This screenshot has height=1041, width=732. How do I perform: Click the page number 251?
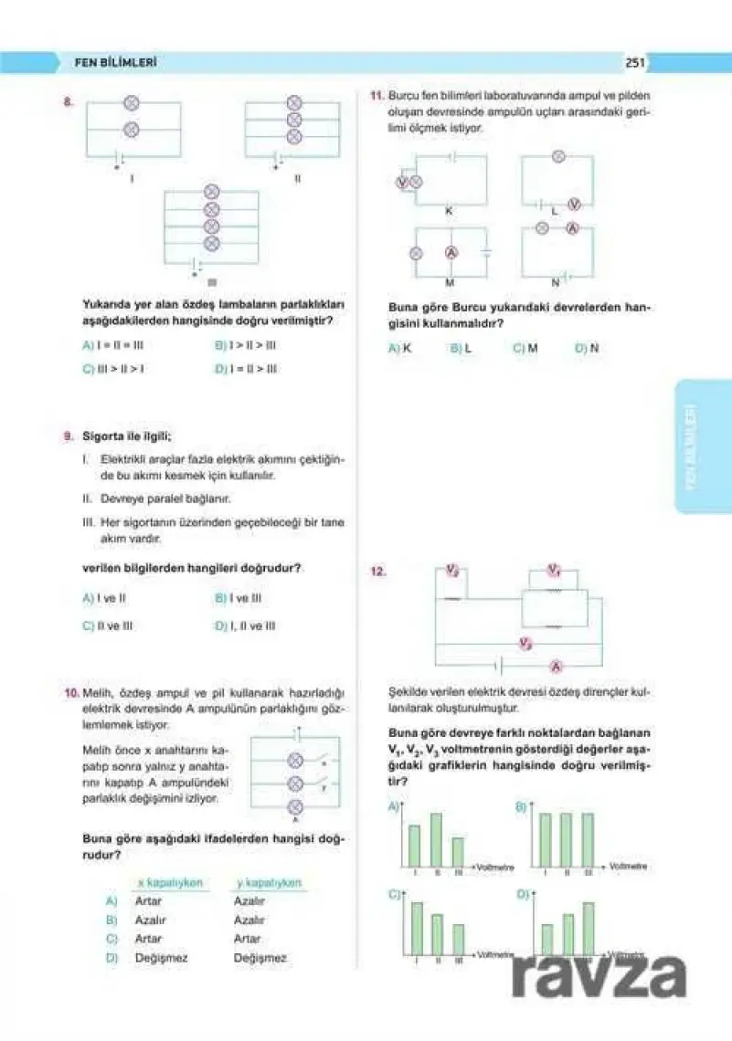(636, 63)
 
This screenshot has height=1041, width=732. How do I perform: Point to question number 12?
(377, 573)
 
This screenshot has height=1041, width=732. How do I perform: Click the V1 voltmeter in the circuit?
(554, 571)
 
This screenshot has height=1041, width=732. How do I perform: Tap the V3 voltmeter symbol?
(525, 644)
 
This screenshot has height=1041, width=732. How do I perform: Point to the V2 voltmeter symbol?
(451, 571)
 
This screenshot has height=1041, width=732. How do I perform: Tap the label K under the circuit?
(449, 212)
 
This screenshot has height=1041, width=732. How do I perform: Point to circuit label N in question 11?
(555, 282)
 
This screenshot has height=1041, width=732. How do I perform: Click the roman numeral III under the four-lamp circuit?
(212, 281)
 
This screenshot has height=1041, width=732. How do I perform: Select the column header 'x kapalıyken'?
(168, 883)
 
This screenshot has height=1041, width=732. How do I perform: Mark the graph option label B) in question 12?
(521, 807)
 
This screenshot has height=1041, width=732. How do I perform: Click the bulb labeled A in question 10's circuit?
(295, 806)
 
